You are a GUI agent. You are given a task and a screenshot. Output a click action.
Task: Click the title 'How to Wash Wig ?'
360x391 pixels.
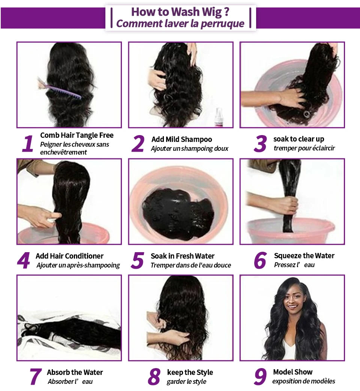(180, 12)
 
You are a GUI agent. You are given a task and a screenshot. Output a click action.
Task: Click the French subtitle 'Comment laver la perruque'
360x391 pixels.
(180, 24)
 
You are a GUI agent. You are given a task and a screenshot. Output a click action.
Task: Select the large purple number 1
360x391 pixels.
(27, 144)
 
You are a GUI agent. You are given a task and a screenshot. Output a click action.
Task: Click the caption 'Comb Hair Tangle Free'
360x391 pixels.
(76, 135)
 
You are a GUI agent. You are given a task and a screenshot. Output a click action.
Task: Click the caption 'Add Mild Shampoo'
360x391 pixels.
(181, 139)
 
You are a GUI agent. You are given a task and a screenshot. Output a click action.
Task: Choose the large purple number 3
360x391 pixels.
(260, 144)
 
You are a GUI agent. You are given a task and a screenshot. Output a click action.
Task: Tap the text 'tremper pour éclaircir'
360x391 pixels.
(304, 148)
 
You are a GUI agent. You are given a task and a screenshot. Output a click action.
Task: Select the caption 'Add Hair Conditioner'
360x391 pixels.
(69, 256)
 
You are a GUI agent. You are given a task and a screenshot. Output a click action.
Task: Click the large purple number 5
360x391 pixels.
(138, 261)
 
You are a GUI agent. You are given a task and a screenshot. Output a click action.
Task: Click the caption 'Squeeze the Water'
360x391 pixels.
(304, 256)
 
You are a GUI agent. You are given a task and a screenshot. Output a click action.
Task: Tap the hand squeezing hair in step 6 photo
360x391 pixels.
(281, 205)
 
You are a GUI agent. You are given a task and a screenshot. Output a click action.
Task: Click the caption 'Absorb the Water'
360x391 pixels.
(75, 372)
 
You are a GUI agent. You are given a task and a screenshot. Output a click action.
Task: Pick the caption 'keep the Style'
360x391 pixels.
(190, 372)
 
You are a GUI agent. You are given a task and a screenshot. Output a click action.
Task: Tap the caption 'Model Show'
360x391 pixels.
(292, 372)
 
